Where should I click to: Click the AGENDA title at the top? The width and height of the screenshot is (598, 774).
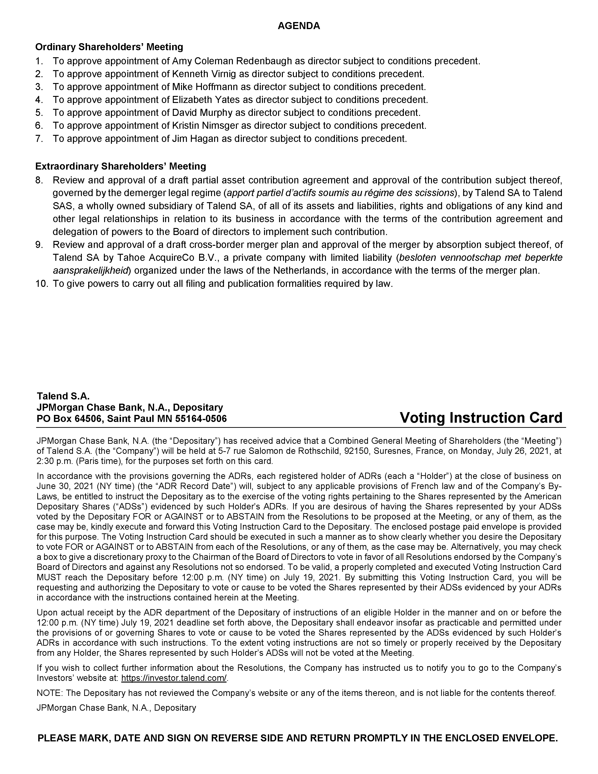click(299, 26)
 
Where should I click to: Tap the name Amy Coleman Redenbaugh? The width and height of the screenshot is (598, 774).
click(232, 61)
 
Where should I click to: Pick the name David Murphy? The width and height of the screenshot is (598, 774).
click(202, 113)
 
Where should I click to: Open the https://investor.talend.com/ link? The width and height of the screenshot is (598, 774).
click(174, 678)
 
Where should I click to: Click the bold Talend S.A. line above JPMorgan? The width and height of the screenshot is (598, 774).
click(63, 396)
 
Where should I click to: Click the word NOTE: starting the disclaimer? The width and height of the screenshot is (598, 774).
click(49, 693)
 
